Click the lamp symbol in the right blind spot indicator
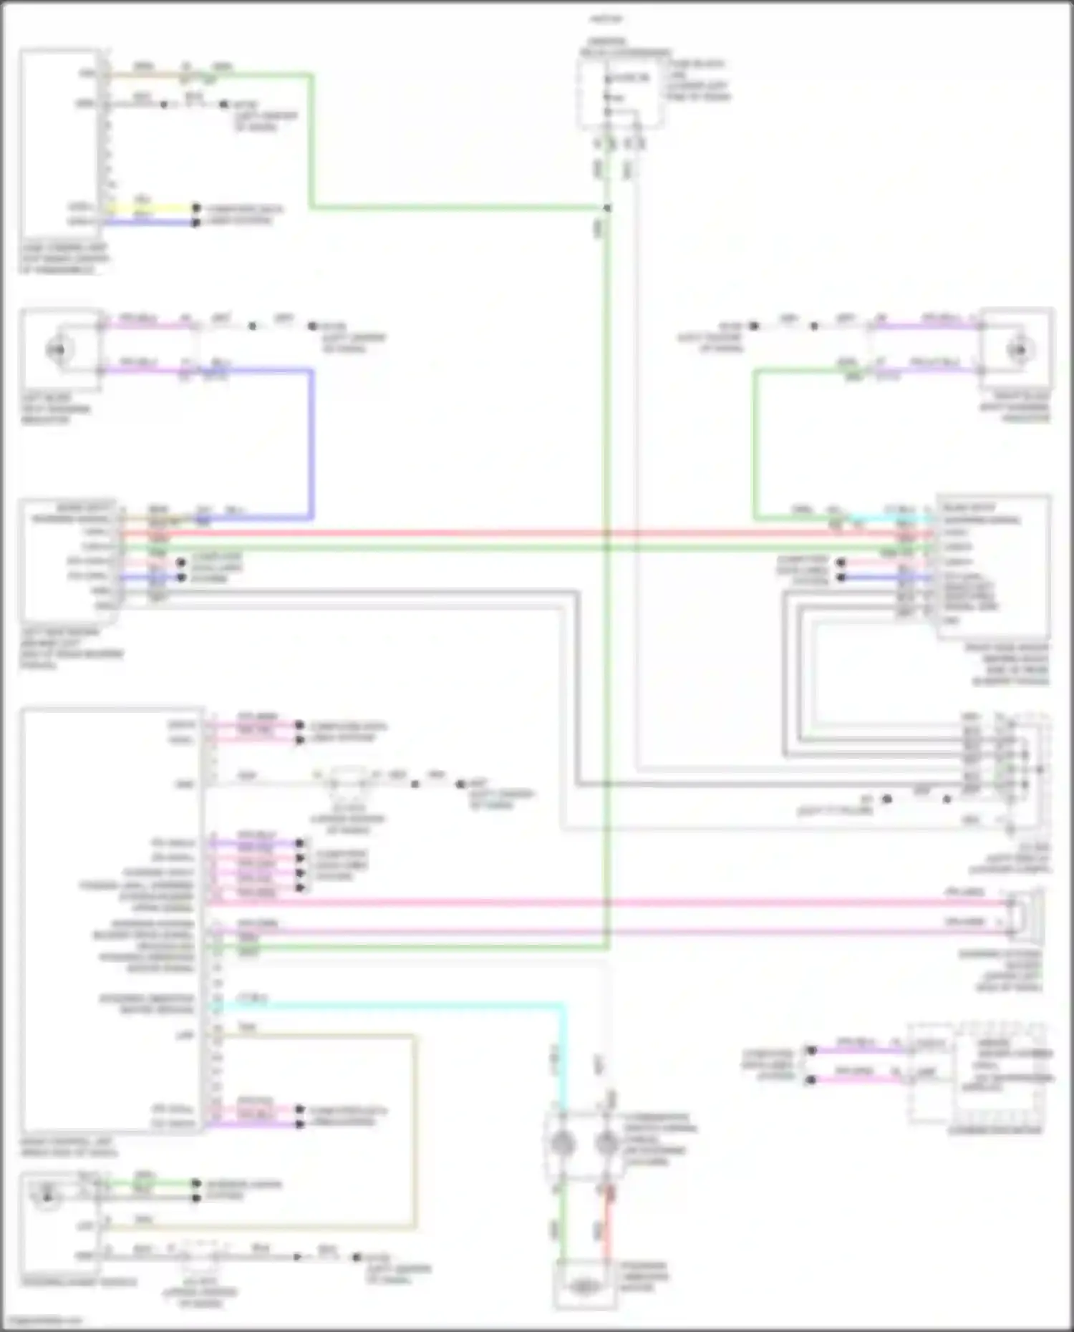(1018, 350)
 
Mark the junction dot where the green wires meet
(607, 208)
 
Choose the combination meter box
(977, 1074)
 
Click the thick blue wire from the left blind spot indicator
(311, 444)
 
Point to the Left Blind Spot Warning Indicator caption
(56, 409)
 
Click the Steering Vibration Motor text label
(645, 1277)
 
